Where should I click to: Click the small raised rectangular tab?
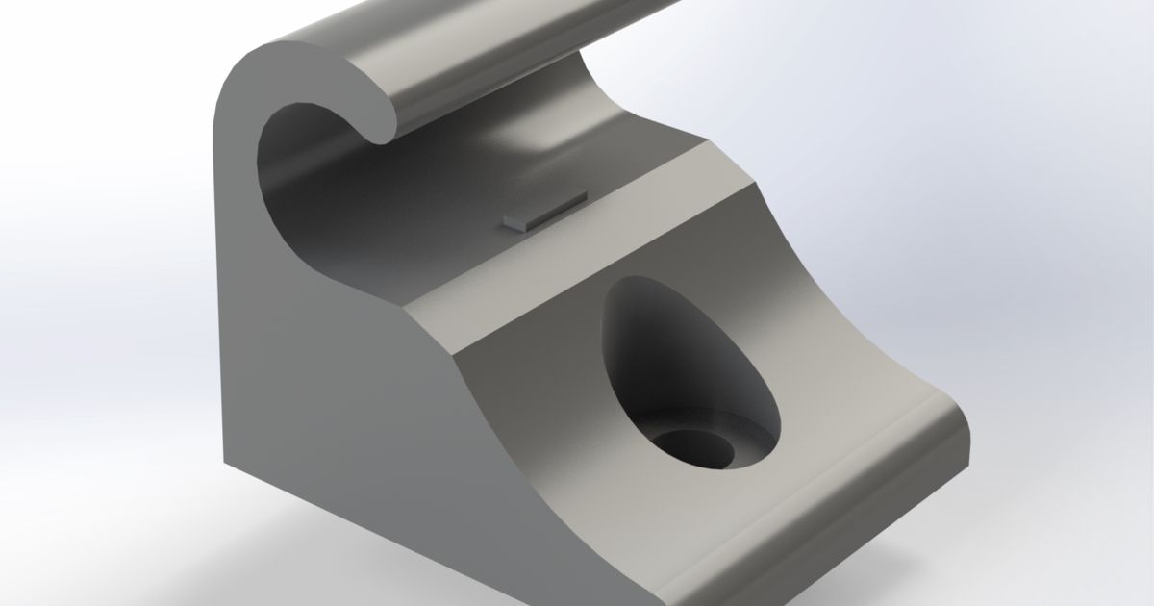(544, 212)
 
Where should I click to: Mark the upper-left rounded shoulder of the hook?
(240, 77)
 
